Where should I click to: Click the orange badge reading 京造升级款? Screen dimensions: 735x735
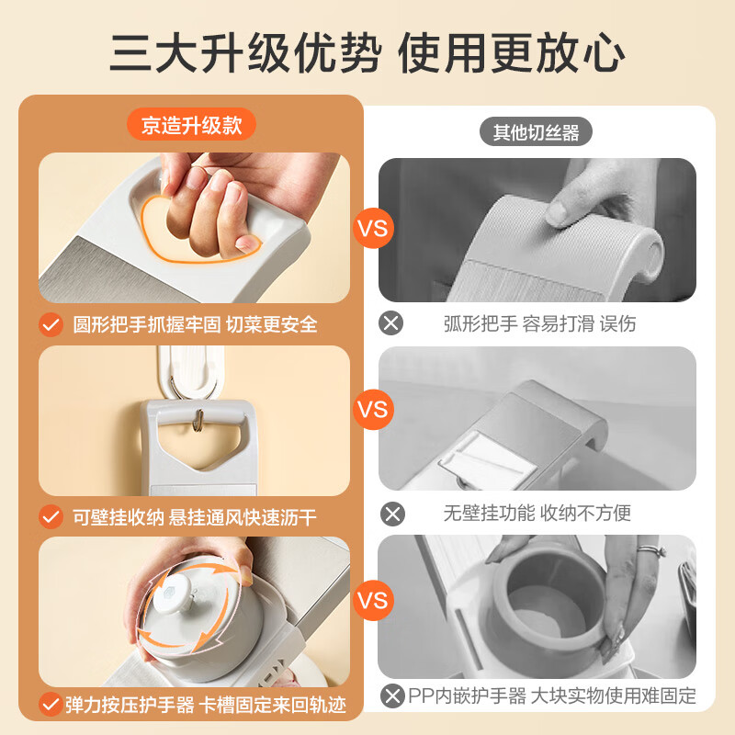192,124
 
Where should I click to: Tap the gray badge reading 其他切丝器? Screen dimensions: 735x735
536,132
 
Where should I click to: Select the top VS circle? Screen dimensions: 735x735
373,228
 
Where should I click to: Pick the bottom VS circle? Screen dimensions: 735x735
373,602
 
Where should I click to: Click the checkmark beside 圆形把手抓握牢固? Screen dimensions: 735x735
51,324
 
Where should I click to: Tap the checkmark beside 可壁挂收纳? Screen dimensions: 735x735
51,517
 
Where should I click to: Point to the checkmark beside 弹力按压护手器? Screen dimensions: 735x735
51,706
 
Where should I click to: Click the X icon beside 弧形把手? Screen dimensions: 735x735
392,323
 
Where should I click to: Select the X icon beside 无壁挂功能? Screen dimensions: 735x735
392,514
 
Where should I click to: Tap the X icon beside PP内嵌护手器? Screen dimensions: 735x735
392,695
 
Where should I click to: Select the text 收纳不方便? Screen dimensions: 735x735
587,514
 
